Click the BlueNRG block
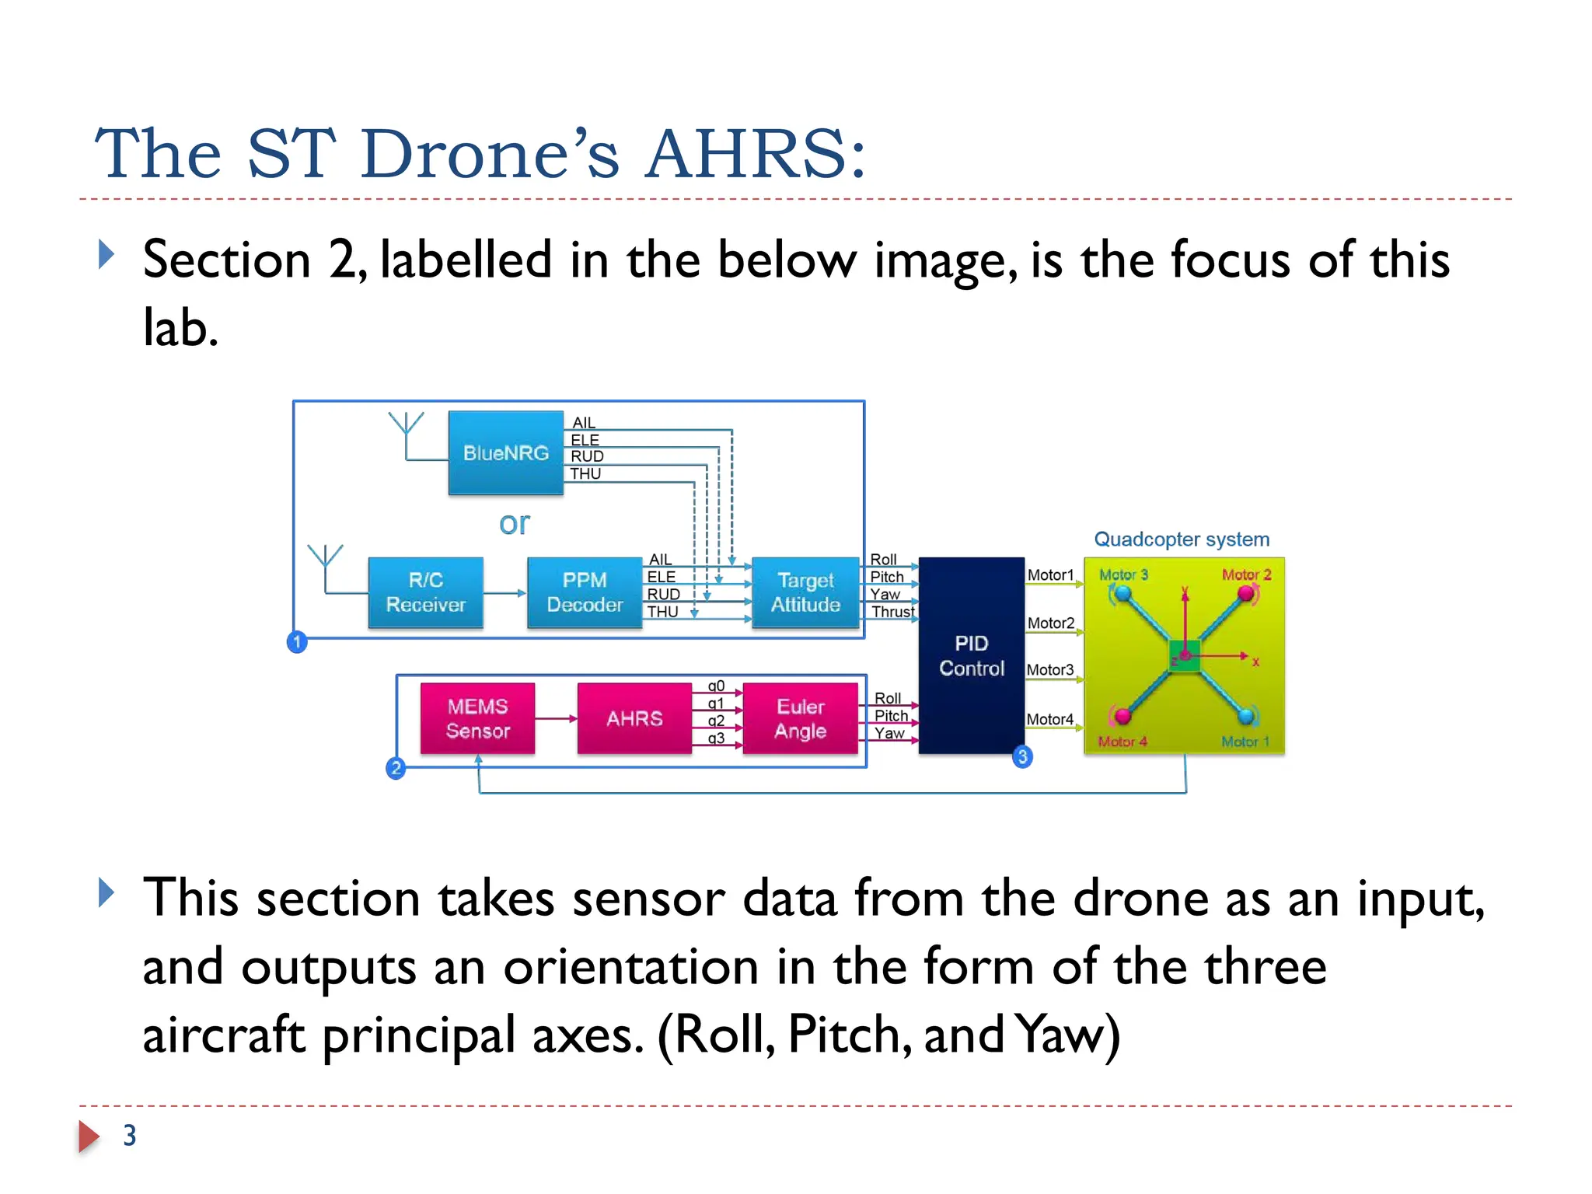[x=505, y=453]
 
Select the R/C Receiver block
[x=425, y=592]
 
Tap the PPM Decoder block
[x=585, y=592]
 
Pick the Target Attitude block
[x=805, y=592]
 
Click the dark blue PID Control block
[x=971, y=655]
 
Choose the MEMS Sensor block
[x=477, y=718]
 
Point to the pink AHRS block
[x=634, y=718]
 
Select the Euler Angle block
[x=800, y=718]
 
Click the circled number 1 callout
[x=297, y=642]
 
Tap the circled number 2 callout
[x=396, y=769]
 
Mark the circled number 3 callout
[x=1022, y=756]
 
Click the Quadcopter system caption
[x=1182, y=539]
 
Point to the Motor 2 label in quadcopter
[x=1246, y=574]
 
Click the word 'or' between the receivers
[x=514, y=524]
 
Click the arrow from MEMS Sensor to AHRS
[x=556, y=719]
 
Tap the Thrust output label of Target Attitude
[x=892, y=612]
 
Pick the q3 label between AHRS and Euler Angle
[x=716, y=738]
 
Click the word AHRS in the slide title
[x=755, y=153]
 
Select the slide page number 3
[x=130, y=1136]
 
